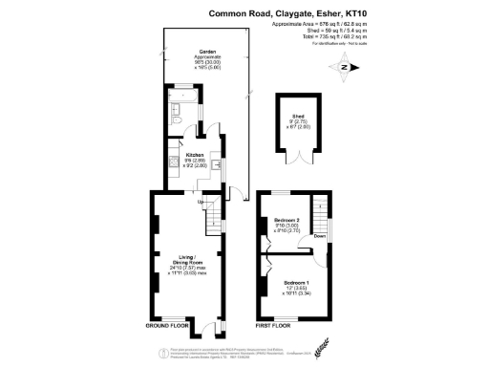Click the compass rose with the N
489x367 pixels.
(x=345, y=67)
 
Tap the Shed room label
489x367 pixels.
(x=296, y=115)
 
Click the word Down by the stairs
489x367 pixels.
(x=319, y=236)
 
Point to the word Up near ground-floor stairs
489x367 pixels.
(x=201, y=203)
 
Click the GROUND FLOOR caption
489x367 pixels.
(x=170, y=327)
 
